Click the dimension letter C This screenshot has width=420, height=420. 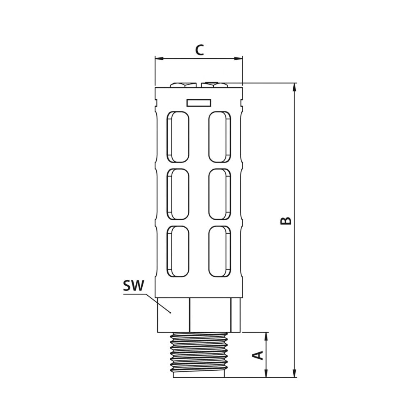point(199,50)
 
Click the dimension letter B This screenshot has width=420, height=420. point(286,220)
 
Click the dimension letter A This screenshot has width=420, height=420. point(258,355)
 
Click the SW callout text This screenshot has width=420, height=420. point(134,286)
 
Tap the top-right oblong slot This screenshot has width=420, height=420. point(219,136)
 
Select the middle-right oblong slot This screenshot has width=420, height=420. point(219,194)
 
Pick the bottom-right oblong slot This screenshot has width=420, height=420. point(219,251)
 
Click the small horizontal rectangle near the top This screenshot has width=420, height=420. point(199,103)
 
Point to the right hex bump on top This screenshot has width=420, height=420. point(215,84)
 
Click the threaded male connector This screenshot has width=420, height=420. point(199,354)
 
